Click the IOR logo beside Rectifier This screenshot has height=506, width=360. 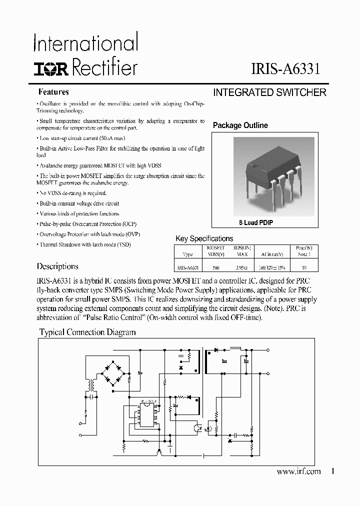pyautogui.click(x=51, y=68)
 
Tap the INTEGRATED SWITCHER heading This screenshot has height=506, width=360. pyautogui.click(x=269, y=92)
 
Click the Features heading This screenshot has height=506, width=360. pyautogui.click(x=53, y=92)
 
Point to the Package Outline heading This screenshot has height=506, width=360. pyautogui.click(x=240, y=125)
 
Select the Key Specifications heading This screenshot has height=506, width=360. pyautogui.click(x=204, y=238)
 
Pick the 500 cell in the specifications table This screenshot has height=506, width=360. pyautogui.click(x=215, y=268)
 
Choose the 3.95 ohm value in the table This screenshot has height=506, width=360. pyautogui.click(x=241, y=268)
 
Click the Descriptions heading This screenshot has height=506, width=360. pyautogui.click(x=57, y=266)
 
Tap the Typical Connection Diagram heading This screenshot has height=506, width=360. pyautogui.click(x=87, y=332)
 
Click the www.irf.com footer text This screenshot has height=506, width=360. pyautogui.click(x=298, y=471)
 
